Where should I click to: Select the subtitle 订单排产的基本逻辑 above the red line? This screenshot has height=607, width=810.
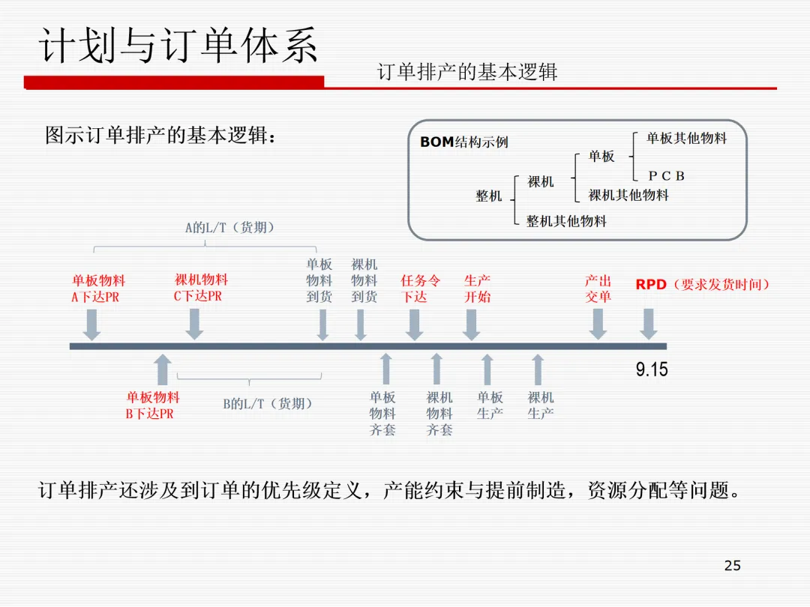(467, 72)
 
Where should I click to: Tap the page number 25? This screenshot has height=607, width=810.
(733, 566)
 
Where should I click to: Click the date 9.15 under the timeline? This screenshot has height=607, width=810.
(652, 369)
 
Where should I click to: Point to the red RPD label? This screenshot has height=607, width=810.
(651, 285)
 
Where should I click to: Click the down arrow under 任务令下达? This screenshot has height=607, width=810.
(414, 324)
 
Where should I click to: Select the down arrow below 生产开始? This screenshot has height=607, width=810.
(471, 324)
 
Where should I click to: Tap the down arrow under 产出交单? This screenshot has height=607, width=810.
(598, 324)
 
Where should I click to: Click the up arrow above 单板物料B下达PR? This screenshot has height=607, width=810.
(162, 370)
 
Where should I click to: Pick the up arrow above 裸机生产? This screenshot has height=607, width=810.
(538, 370)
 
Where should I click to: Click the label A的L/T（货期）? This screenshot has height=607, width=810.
(230, 228)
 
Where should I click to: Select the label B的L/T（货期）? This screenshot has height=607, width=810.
(268, 404)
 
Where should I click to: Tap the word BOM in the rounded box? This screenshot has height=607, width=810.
(436, 142)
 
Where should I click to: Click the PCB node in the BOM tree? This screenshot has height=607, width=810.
(667, 176)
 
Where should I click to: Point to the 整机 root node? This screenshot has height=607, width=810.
(489, 196)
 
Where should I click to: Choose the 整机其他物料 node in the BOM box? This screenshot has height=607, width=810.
(566, 221)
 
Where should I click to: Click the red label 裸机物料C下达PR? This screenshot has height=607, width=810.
(201, 287)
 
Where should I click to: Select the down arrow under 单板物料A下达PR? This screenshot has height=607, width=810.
(91, 324)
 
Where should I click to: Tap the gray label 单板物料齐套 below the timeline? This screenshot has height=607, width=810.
(382, 414)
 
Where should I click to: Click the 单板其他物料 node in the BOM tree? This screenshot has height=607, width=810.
(686, 138)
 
